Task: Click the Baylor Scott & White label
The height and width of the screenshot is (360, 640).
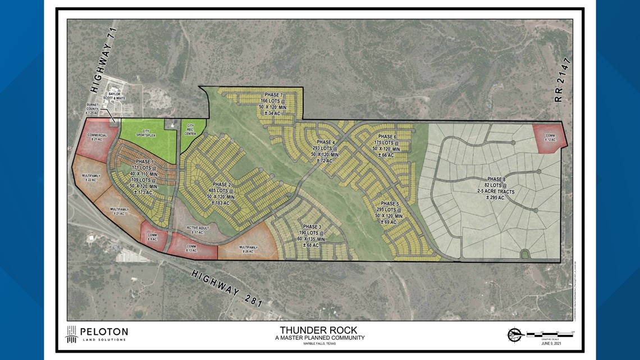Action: (115, 96)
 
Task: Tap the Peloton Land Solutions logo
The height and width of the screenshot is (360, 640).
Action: (95, 334)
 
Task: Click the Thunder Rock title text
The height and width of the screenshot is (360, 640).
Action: (319, 330)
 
